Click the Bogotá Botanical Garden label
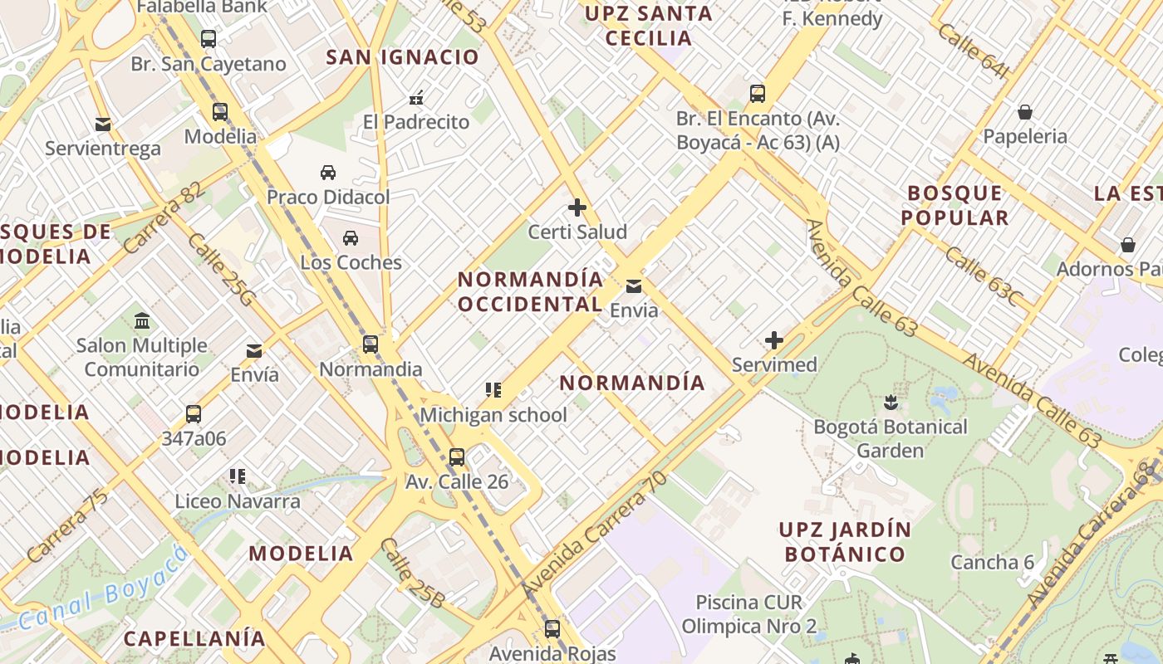891,439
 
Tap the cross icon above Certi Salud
577,207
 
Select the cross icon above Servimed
774,339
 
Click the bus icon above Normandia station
370,344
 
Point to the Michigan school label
493,415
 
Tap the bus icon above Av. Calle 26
456,456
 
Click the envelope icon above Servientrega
103,124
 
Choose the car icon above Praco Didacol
328,173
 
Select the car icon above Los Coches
351,238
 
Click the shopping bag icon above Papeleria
1025,112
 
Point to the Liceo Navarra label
238,501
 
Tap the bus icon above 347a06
194,413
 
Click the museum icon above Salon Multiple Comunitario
142,320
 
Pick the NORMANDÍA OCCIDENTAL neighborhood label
530,291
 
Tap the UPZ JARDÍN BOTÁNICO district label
844,541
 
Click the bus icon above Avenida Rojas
552,628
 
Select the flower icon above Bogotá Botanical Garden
891,403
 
